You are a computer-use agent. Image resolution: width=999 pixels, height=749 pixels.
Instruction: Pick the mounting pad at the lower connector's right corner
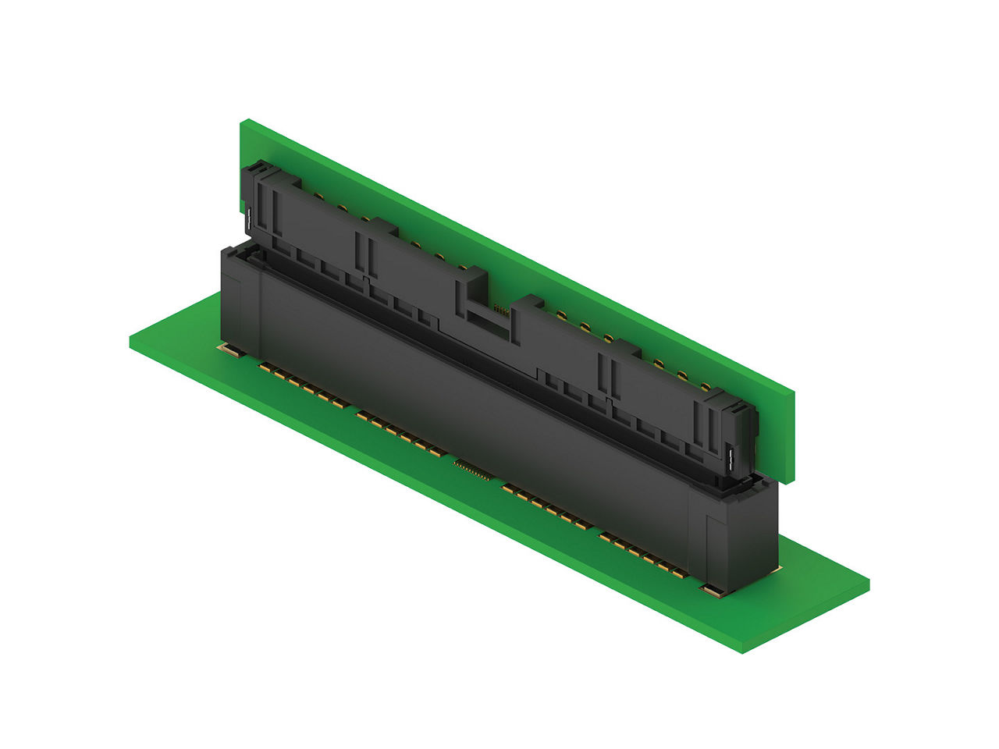click(x=712, y=591)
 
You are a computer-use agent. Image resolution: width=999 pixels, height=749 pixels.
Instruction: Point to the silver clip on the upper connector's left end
click(x=247, y=221)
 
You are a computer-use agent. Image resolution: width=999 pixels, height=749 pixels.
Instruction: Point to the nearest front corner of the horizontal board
click(x=743, y=651)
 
